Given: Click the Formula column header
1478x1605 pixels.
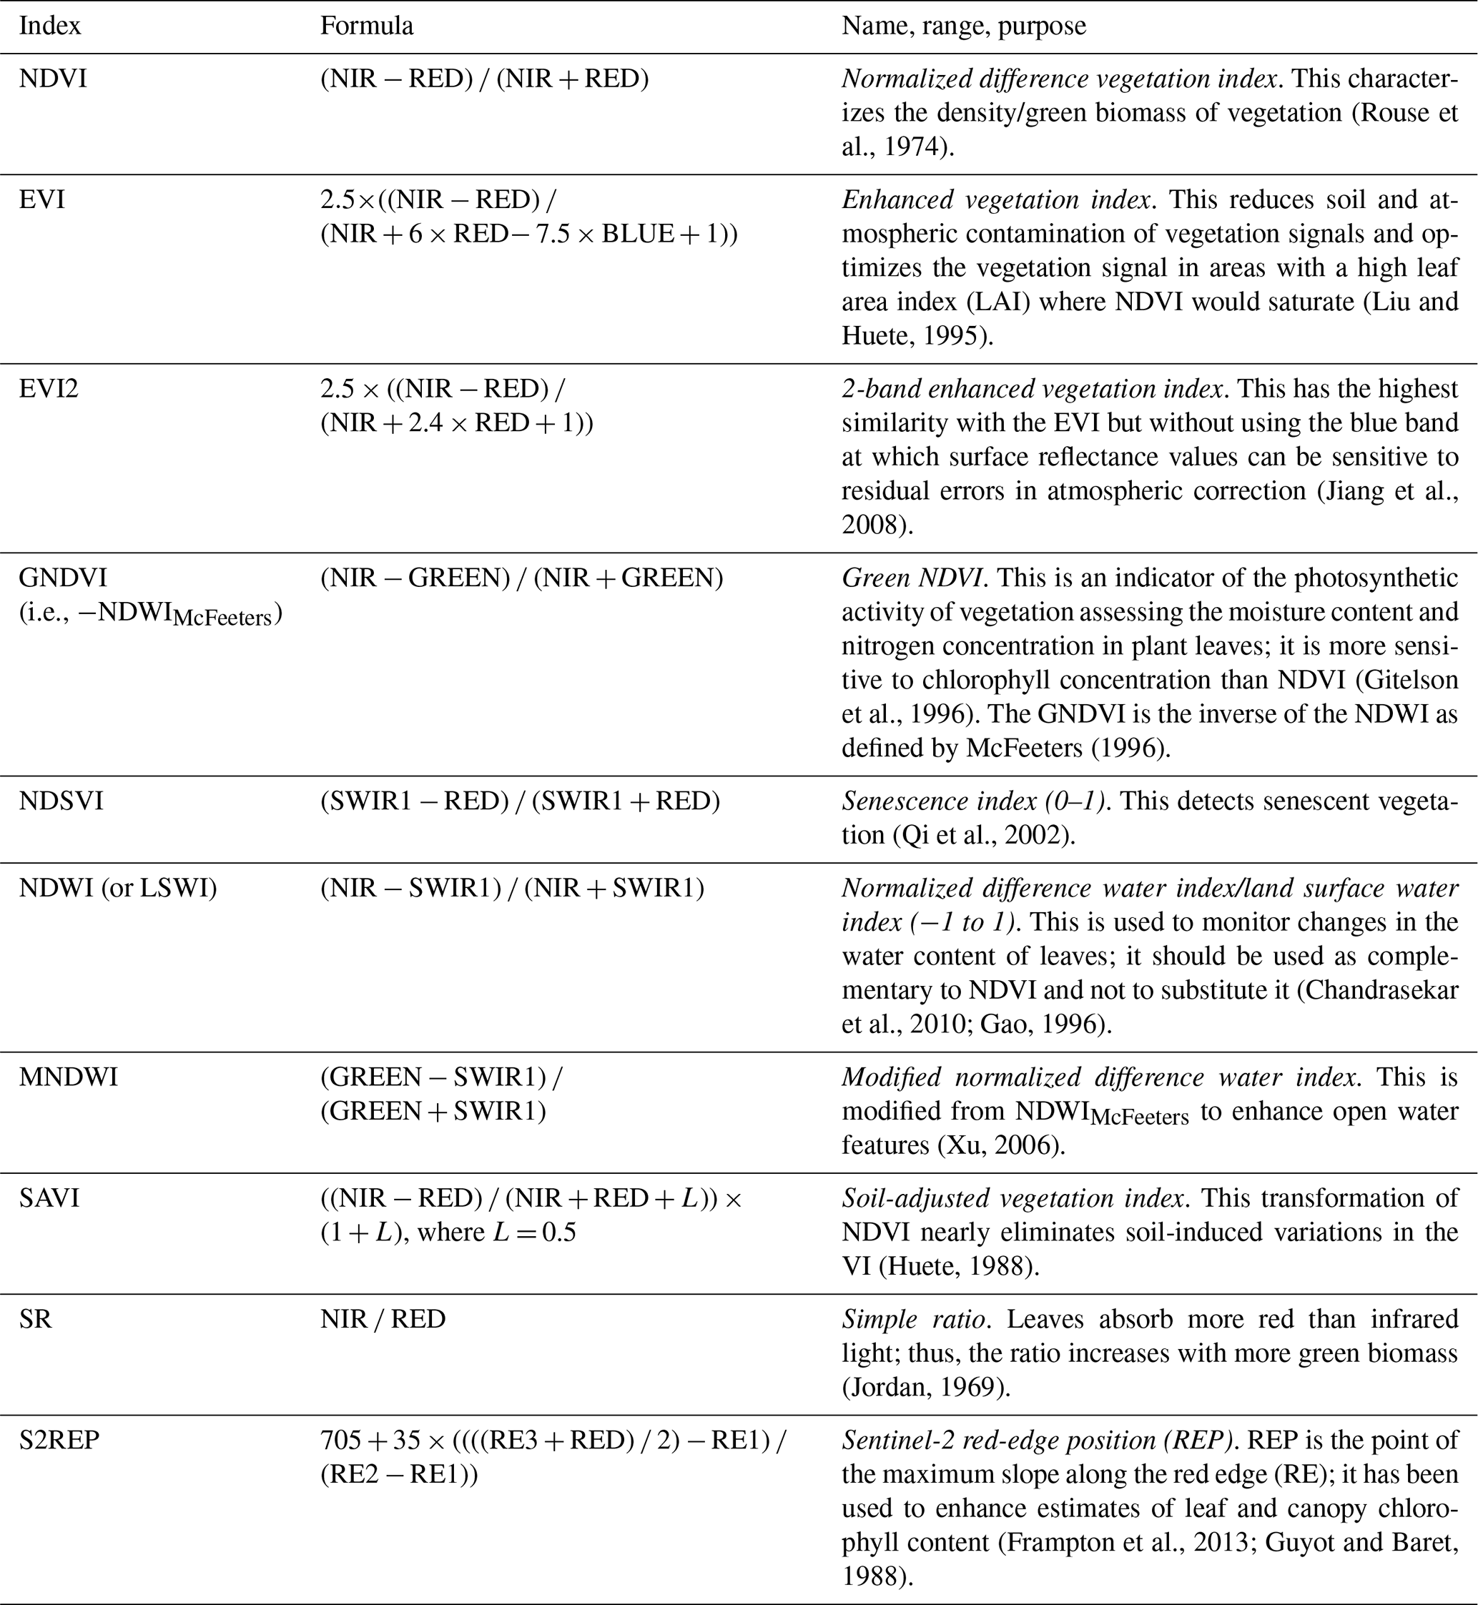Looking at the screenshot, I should click(367, 26).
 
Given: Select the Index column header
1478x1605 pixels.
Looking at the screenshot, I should click(49, 26).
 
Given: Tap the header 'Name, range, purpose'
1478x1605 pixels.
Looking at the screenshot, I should click(964, 26).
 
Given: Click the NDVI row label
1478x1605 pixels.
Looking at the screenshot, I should click(53, 79).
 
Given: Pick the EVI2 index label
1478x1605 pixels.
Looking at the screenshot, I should click(49, 390).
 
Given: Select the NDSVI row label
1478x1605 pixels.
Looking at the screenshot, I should click(61, 801).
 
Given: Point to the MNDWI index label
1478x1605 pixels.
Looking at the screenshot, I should click(69, 1078).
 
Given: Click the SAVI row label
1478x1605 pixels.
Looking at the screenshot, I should click(49, 1199).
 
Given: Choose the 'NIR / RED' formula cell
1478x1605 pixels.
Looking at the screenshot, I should click(383, 1320).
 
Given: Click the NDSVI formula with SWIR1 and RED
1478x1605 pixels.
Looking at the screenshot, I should click(520, 801).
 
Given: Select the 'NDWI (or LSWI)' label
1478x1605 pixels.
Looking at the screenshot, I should click(119, 889).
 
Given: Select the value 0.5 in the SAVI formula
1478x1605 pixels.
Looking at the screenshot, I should click(559, 1233).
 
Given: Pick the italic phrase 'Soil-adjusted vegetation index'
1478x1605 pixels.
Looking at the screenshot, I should click(1013, 1199).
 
